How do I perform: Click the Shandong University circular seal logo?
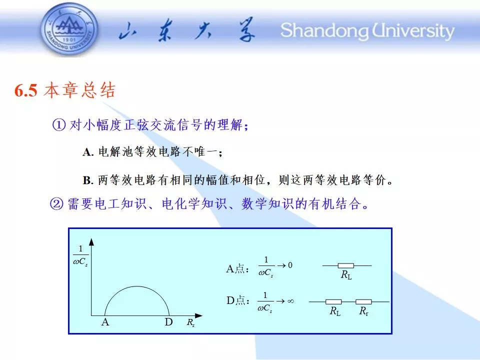69,29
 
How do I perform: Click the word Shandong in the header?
324,31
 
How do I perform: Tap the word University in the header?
413,31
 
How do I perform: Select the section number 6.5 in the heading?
26,90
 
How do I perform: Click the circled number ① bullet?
59,125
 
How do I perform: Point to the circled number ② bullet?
56,203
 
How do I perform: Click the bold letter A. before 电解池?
88,152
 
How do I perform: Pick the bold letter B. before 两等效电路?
88,180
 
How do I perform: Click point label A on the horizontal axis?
105,322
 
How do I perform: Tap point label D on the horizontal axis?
168,322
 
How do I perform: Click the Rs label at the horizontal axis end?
190,322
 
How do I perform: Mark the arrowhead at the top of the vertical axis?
91,242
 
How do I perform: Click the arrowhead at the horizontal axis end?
198,315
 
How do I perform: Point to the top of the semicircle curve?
137,286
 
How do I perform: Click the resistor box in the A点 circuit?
346,265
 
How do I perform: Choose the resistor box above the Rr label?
363,302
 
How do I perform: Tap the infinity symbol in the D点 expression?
291,301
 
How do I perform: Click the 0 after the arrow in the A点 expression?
290,265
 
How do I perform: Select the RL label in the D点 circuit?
335,311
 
